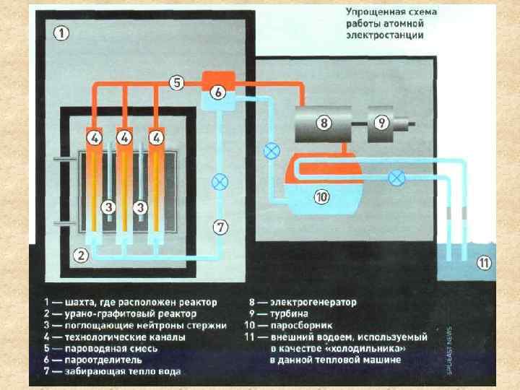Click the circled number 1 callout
point(61,32)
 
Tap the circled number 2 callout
point(82,253)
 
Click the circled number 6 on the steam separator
point(218,92)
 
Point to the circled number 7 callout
point(220,227)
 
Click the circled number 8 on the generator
point(324,122)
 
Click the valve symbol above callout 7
point(220,181)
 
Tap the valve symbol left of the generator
point(272,151)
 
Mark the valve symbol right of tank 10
point(396,176)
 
